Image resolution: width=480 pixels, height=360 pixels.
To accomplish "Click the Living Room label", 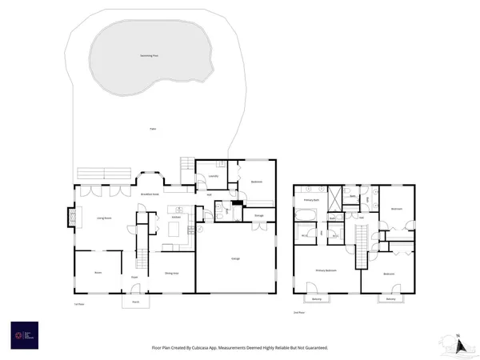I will pyautogui.click(x=104, y=217).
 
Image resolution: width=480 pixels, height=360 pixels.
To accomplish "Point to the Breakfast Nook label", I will pyautogui.click(x=150, y=194).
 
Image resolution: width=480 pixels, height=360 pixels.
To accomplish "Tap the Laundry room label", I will pyautogui.click(x=213, y=177).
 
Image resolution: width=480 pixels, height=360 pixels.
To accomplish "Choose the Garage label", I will pyautogui.click(x=237, y=259).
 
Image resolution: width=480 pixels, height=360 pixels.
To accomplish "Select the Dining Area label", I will pyautogui.click(x=171, y=273).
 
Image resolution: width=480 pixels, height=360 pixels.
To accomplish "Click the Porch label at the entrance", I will pyautogui.click(x=135, y=302).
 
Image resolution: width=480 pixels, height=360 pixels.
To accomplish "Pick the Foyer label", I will pyautogui.click(x=135, y=278).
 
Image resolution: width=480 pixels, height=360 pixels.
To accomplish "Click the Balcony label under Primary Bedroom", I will pyautogui.click(x=317, y=300).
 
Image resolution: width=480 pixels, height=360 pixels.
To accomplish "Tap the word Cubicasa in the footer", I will pyautogui.click(x=221, y=348).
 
